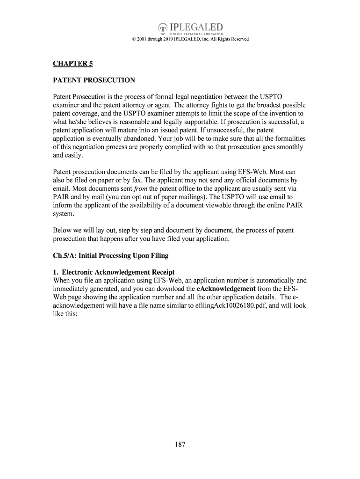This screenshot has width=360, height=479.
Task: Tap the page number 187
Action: [x=180, y=444]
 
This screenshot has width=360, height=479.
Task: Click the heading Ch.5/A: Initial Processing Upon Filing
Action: [x=110, y=256]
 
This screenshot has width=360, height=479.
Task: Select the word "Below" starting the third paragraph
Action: [x=62, y=231]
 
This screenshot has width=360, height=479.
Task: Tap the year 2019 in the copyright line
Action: [x=177, y=39]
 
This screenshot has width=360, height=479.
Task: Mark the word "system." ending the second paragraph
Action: [x=64, y=214]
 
